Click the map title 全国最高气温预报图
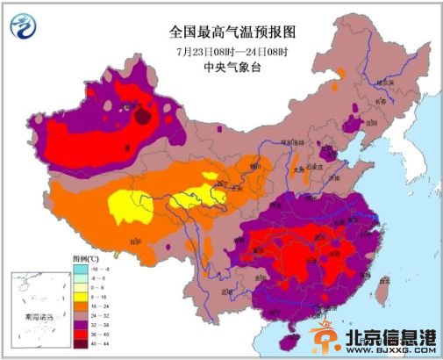[233, 32]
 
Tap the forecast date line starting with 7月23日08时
[233, 51]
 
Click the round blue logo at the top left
[24, 28]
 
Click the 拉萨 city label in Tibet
[133, 239]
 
